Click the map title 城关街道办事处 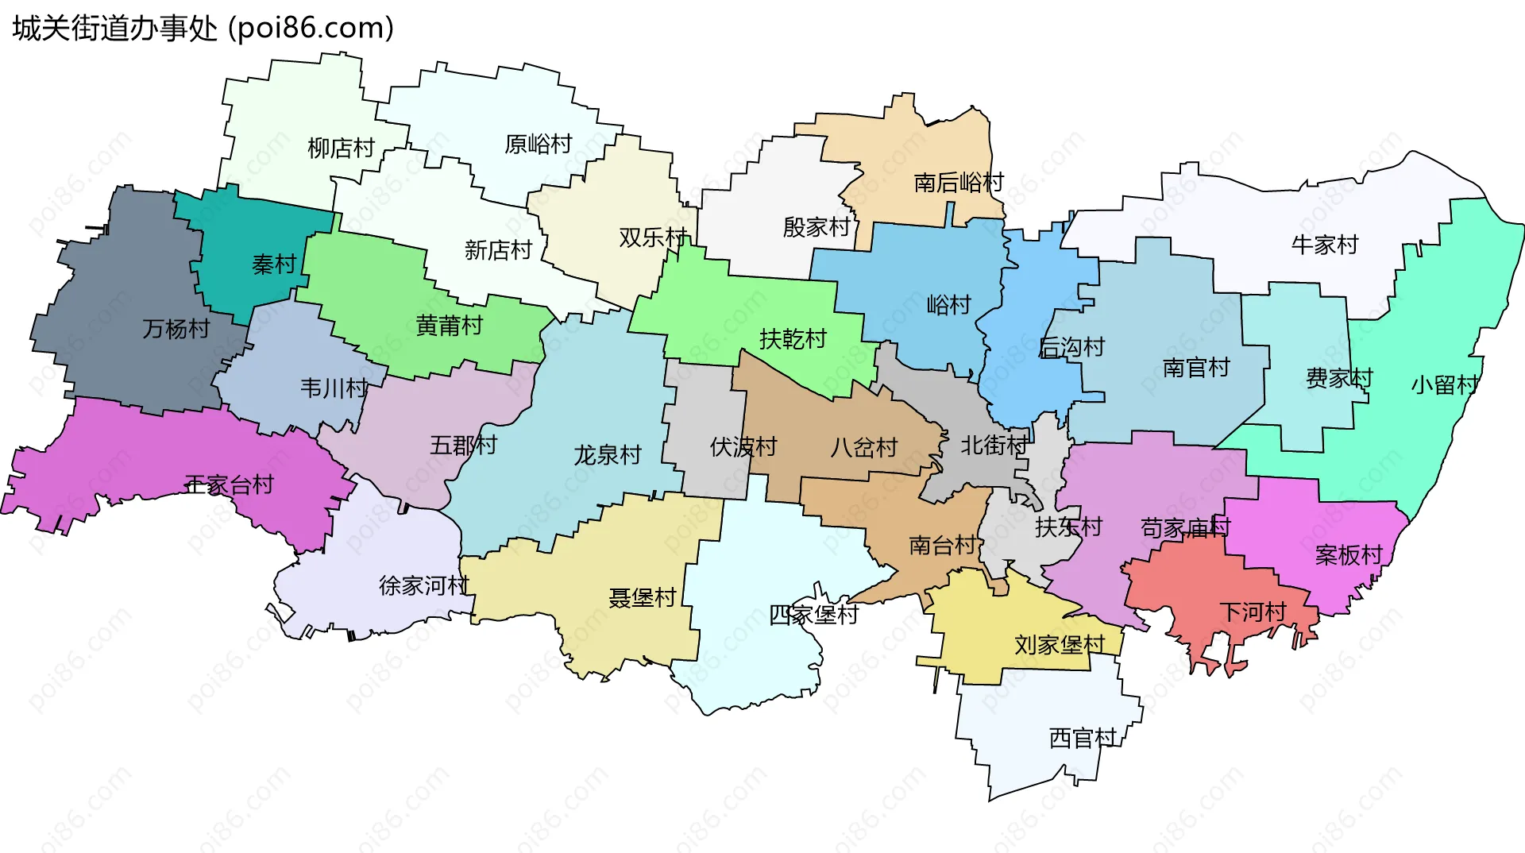click(115, 29)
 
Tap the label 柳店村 click(341, 149)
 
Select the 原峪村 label click(539, 145)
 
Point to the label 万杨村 click(176, 329)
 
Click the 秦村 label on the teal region click(274, 264)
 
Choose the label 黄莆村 click(450, 326)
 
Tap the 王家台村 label click(230, 484)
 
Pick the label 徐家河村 click(424, 586)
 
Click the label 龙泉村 click(608, 455)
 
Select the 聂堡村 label click(643, 598)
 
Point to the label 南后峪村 click(959, 183)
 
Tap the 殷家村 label click(817, 227)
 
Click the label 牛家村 click(1325, 245)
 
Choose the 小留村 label click(1445, 385)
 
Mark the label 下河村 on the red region click(1253, 612)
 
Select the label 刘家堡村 click(1060, 645)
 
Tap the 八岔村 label click(863, 448)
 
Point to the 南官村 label click(1196, 368)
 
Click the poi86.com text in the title click(311, 29)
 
